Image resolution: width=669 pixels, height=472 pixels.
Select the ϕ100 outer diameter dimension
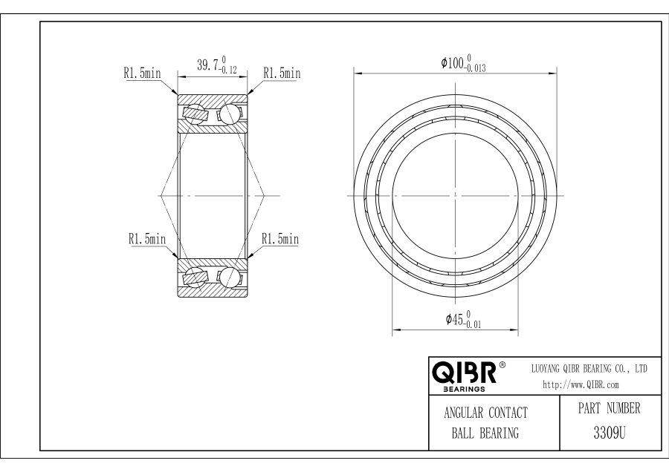[463, 63]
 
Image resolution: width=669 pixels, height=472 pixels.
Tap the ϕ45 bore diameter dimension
[463, 319]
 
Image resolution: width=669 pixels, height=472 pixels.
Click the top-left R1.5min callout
[142, 73]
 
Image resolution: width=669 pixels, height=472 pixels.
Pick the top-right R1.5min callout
[282, 73]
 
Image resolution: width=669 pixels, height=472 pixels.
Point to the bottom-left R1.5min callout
[146, 238]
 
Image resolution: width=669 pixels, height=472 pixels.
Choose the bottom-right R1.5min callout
[280, 238]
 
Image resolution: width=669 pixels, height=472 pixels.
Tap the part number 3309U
[610, 433]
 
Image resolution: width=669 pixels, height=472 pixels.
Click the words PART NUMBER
[610, 408]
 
